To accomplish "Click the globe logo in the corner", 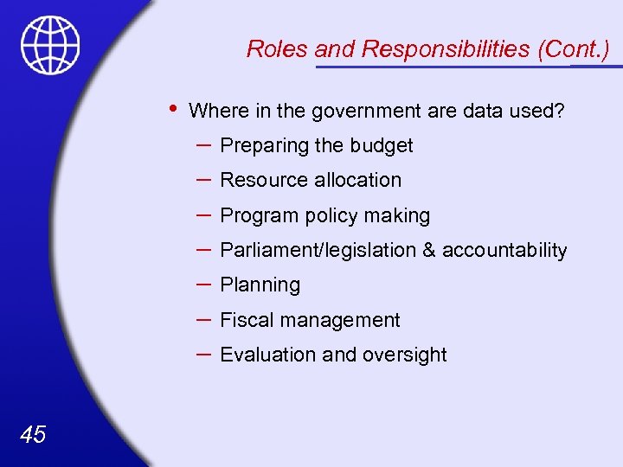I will coord(51,46).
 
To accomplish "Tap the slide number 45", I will coord(32,434).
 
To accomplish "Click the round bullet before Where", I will coord(173,108).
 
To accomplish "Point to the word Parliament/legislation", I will coord(318,250).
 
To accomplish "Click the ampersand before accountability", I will coord(429,250).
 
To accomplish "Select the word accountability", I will coord(504,250).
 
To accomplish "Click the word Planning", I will coord(260,285).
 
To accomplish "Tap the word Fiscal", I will coord(245,320).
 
